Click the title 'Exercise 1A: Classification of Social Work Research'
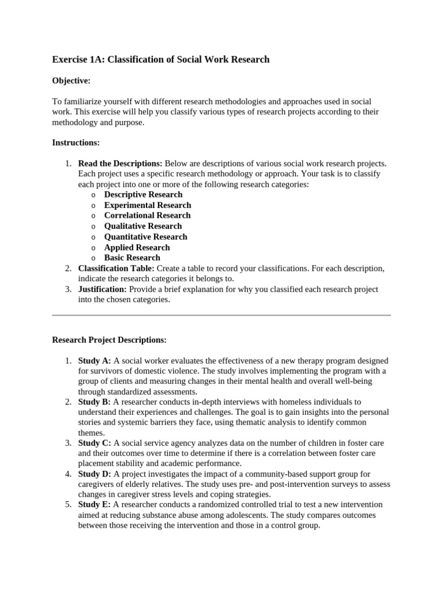pos(160,59)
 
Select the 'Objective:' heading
pos(72,81)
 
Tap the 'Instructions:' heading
pos(76,142)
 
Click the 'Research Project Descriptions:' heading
pos(109,340)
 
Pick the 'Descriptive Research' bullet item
pos(143,195)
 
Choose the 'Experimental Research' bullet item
pos(147,205)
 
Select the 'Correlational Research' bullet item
pos(147,215)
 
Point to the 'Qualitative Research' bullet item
pos(142,226)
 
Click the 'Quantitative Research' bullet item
pos(145,237)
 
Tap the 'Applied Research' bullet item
pos(137,247)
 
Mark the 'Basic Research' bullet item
pos(132,258)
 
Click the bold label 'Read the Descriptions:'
pos(120,164)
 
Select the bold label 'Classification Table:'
pos(116,268)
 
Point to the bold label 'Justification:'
pos(102,289)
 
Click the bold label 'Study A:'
pos(95,361)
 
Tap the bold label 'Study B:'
pos(95,402)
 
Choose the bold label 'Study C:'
pos(95,443)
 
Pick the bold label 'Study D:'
pos(95,474)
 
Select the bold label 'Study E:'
pos(95,505)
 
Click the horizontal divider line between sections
pos(221,315)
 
